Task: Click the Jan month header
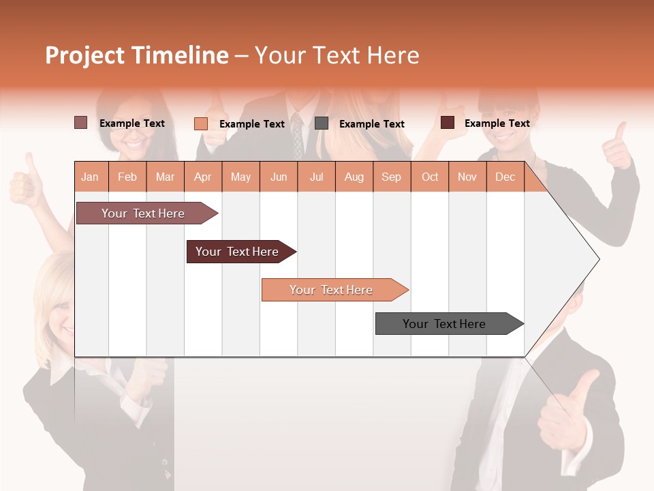click(x=90, y=177)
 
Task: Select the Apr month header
click(x=202, y=177)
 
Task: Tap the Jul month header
click(x=316, y=177)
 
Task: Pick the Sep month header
click(x=391, y=177)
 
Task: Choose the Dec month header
click(x=505, y=177)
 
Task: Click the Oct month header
click(x=430, y=177)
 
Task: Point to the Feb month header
click(x=127, y=177)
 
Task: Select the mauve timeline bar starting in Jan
click(x=143, y=213)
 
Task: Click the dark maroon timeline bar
click(x=237, y=252)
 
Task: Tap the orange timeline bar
click(x=331, y=290)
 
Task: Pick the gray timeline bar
click(x=444, y=324)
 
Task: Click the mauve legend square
click(x=80, y=123)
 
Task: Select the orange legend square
click(x=200, y=123)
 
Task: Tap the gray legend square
click(x=322, y=123)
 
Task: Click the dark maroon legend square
click(x=448, y=123)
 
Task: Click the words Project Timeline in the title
click(x=136, y=55)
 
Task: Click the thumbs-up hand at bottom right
click(x=565, y=416)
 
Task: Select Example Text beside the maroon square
click(x=497, y=123)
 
